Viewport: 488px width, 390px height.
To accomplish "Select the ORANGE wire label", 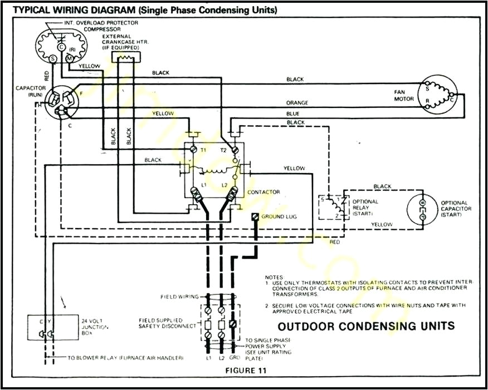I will [297, 103].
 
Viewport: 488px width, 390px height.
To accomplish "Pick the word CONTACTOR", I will [263, 192].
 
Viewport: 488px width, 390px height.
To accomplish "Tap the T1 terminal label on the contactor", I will [203, 150].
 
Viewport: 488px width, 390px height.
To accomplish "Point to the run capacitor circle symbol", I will [62, 102].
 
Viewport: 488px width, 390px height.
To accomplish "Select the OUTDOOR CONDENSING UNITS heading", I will [366, 326].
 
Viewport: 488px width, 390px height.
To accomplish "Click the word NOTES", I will [275, 277].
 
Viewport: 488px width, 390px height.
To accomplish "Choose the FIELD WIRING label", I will [179, 297].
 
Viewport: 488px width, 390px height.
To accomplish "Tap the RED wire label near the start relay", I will [334, 243].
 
